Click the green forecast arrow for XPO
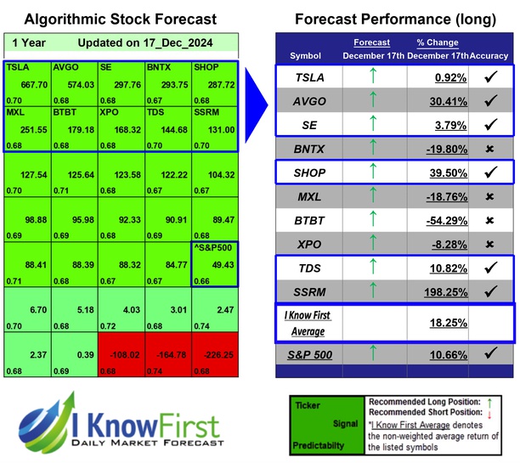tap(371, 243)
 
